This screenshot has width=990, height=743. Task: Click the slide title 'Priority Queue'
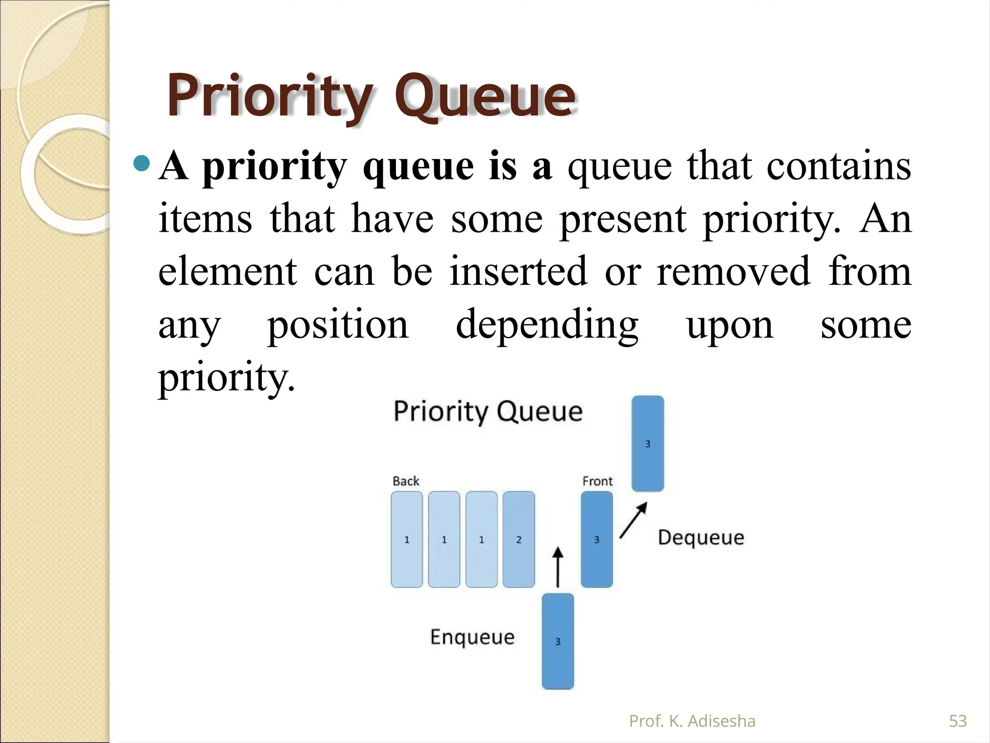pyautogui.click(x=371, y=97)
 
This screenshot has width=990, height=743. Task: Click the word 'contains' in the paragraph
pyautogui.click(x=839, y=166)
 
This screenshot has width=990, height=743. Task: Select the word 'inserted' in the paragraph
pyautogui.click(x=518, y=271)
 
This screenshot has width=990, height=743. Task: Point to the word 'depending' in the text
pyautogui.click(x=547, y=325)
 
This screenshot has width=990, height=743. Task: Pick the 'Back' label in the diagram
pyautogui.click(x=406, y=481)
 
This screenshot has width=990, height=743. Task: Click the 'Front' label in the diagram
pyautogui.click(x=597, y=481)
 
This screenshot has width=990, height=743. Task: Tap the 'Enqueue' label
pyautogui.click(x=472, y=637)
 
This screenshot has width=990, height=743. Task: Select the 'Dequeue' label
pyautogui.click(x=701, y=537)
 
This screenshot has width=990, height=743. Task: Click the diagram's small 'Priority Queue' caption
pyautogui.click(x=488, y=412)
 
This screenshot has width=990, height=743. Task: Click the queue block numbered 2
pyautogui.click(x=519, y=539)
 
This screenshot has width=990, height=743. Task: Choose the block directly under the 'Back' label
pyautogui.click(x=407, y=539)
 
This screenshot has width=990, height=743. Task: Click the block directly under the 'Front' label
pyautogui.click(x=597, y=539)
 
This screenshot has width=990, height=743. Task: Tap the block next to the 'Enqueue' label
pyautogui.click(x=558, y=641)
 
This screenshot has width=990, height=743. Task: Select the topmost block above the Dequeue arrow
pyautogui.click(x=648, y=444)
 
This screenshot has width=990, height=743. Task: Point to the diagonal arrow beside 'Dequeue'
pyautogui.click(x=633, y=520)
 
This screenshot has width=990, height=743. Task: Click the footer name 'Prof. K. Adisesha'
pyautogui.click(x=692, y=721)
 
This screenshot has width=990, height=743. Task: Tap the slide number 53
pyautogui.click(x=958, y=721)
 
